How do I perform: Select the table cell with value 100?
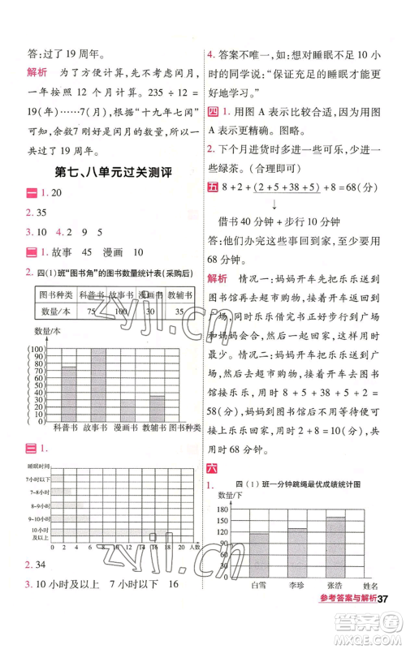(122, 310)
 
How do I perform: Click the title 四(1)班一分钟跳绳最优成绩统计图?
(305, 485)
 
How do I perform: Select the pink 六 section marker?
(211, 468)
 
